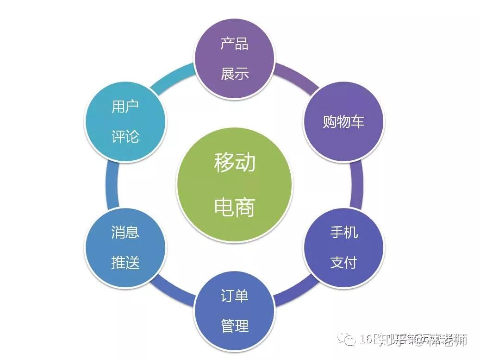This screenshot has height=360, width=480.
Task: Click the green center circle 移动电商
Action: pos(234,184)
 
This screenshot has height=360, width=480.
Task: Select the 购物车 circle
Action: pos(343,121)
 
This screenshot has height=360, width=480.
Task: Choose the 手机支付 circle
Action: pos(343,247)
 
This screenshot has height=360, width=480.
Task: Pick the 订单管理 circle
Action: pos(234,310)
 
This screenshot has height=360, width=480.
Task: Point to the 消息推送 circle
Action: pos(125,247)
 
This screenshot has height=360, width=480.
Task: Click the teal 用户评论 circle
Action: pos(125,121)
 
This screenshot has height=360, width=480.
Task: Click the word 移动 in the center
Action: pos(234,163)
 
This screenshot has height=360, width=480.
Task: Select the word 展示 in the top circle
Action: pos(234,73)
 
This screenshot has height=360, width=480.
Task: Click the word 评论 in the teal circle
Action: pos(125,137)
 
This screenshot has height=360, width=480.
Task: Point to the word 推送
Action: pos(125,263)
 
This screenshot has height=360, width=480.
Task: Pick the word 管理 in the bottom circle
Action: pos(234,326)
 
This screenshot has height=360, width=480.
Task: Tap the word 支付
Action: pos(343,263)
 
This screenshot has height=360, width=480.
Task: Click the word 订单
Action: pos(234,295)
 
